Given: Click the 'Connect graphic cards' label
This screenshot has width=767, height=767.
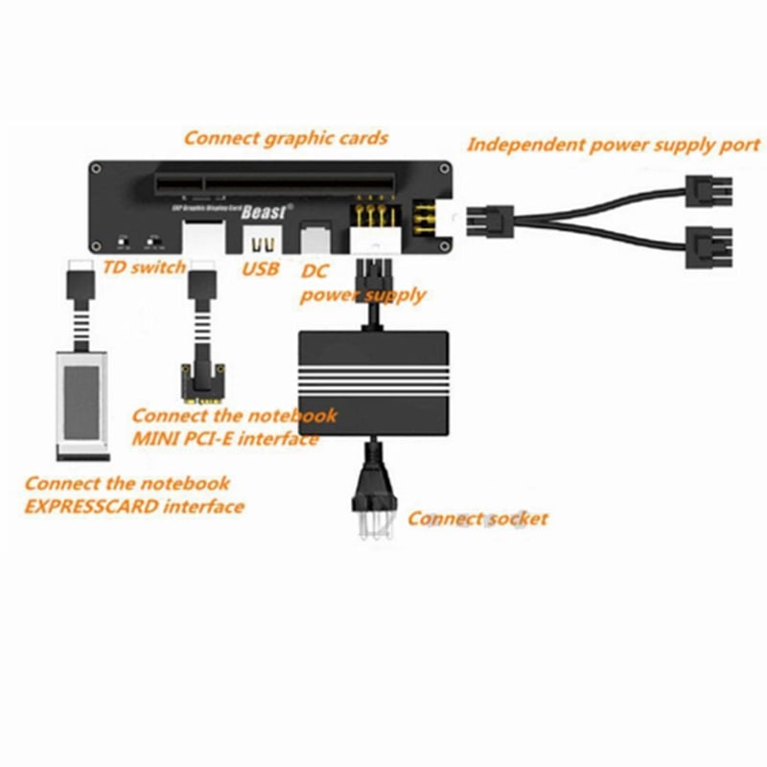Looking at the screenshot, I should (286, 137).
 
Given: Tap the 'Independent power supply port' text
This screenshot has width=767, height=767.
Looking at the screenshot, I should (613, 146).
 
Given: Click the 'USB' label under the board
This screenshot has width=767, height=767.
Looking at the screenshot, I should (260, 269).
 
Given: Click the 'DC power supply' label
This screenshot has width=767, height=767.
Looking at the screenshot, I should (362, 285).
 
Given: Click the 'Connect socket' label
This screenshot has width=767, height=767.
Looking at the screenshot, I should (477, 519).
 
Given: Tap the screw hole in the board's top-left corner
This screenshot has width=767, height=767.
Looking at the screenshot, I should (99, 167).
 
